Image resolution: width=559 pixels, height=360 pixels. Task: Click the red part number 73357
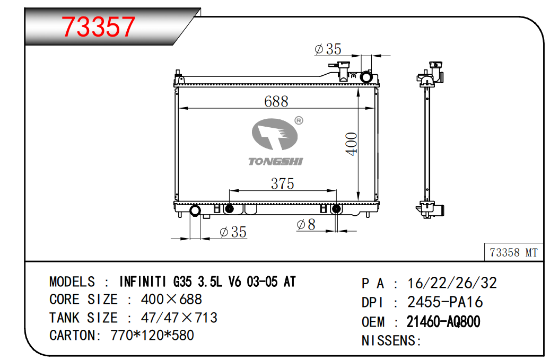pyautogui.click(x=99, y=27)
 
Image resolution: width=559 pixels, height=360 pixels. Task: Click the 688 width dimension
pyautogui.click(x=276, y=102)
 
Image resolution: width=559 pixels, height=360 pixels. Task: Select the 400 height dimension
pyautogui.click(x=352, y=144)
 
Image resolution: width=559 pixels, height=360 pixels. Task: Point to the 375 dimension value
pyautogui.click(x=282, y=183)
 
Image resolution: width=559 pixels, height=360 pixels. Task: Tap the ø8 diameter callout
pyautogui.click(x=306, y=225)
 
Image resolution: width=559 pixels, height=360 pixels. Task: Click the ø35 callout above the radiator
pyautogui.click(x=328, y=49)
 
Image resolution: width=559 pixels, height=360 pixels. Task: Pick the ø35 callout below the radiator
pyautogui.click(x=233, y=232)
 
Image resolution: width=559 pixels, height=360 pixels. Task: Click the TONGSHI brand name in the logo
pyautogui.click(x=276, y=162)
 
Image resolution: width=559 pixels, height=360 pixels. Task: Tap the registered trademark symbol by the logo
pyautogui.click(x=299, y=120)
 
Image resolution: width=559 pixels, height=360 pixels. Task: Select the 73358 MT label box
pyautogui.click(x=513, y=252)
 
